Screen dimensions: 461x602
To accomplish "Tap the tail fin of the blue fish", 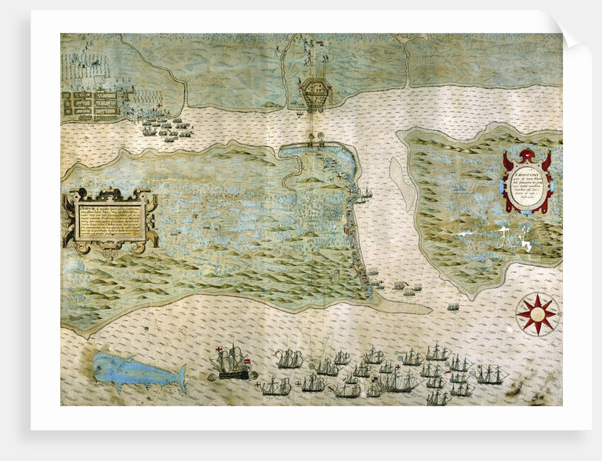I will pos(182,377).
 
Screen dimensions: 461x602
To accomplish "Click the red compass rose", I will pos(537,313).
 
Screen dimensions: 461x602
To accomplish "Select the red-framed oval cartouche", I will pos(528,182).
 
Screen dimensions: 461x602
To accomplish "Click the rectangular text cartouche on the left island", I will pos(110,221).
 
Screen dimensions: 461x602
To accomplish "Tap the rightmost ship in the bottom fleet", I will pos(491,374).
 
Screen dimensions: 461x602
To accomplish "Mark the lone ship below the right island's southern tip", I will pos(453,306).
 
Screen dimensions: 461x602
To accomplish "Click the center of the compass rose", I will pos(537,313).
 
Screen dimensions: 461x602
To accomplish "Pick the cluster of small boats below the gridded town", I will pos(166,130).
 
